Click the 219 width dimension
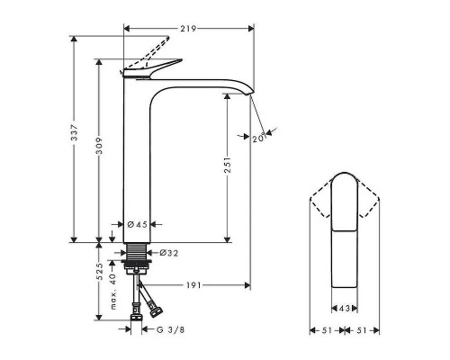(188, 29)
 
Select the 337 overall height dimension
(76, 135)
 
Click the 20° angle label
(258, 137)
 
